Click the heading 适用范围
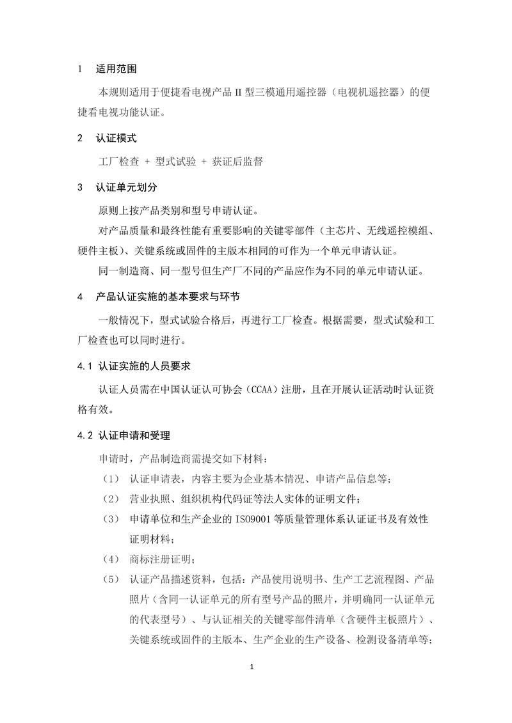click(116, 69)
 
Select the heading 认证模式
click(116, 137)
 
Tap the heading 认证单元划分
click(126, 188)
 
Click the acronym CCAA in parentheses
click(262, 389)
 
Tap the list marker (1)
click(110, 479)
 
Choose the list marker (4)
click(110, 559)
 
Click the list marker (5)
click(110, 580)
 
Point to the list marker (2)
click(110, 499)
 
